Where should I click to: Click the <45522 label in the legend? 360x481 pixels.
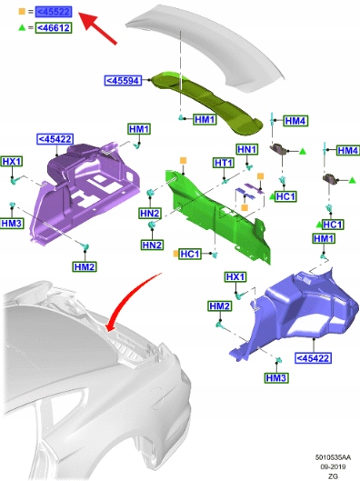coord(54,12)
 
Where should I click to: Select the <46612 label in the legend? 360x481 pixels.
coord(54,28)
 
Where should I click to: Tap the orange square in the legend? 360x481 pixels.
coord(22,12)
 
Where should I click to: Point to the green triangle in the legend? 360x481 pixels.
coord(22,27)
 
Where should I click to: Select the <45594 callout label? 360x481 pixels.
coord(123,80)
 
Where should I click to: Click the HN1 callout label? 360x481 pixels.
coord(247,149)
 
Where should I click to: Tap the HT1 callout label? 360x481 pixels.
coord(224,163)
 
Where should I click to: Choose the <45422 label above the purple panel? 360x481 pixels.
coord(55,139)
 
